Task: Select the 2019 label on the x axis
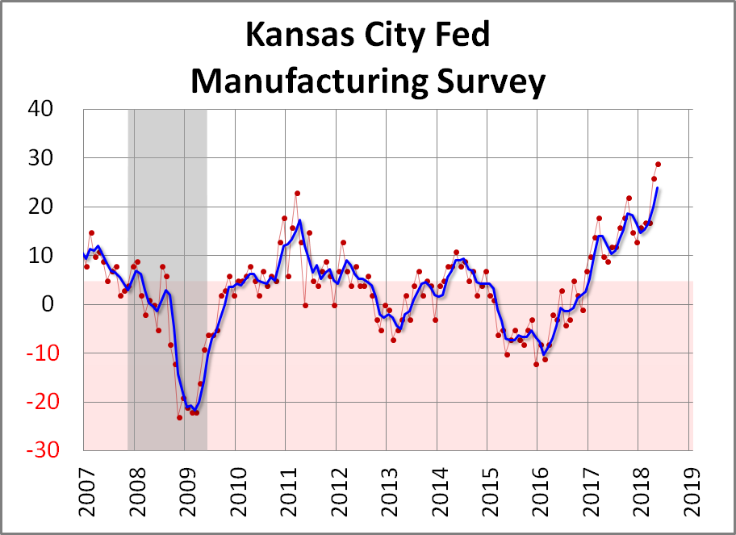(692, 488)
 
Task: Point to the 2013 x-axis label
(388, 488)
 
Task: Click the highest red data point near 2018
(658, 165)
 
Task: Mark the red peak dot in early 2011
(297, 194)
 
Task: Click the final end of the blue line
(658, 188)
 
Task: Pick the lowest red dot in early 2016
(536, 365)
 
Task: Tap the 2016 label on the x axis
(540, 488)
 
